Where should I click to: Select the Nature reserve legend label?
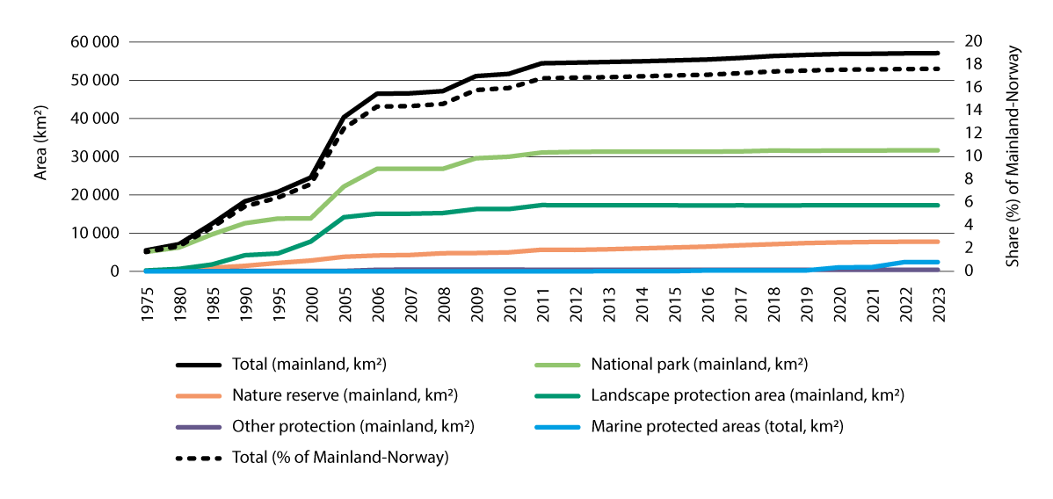pos(327,395)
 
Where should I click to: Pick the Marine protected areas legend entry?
pos(717,427)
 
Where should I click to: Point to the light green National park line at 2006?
pos(377,169)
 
